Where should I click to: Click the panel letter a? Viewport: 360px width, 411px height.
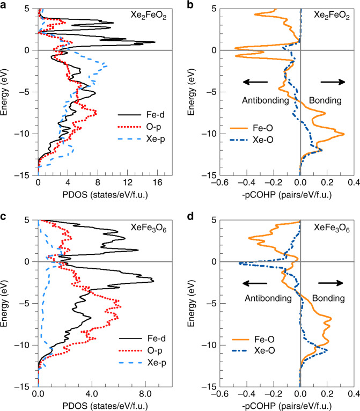(x=5, y=4)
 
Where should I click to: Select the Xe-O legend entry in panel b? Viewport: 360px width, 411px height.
(x=249, y=141)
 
